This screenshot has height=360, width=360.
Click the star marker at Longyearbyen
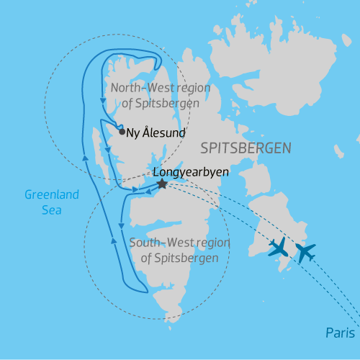[162, 184]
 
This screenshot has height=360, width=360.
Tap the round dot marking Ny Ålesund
[121, 132]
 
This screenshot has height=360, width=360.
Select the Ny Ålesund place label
[156, 132]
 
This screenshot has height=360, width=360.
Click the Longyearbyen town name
[185, 173]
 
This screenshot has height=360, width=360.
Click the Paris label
[339, 333]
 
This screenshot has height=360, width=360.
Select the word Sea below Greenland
[51, 210]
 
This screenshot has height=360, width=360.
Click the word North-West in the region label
[140, 88]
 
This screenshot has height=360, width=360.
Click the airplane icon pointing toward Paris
[305, 253]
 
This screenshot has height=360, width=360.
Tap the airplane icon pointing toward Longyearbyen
[278, 247]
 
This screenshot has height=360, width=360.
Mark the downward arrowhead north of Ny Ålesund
[100, 102]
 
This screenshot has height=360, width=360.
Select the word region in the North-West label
[190, 88]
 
